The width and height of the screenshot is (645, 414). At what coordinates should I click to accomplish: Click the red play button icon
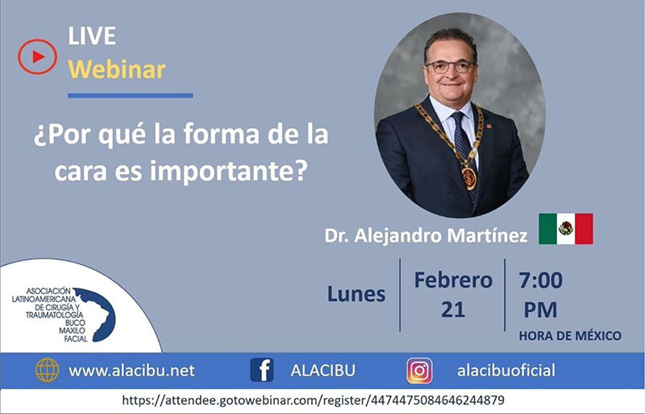37,56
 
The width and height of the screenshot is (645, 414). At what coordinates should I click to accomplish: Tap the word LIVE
92,36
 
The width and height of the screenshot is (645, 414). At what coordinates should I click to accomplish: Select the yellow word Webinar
116,69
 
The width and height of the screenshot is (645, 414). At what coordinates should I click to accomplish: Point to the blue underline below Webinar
131,95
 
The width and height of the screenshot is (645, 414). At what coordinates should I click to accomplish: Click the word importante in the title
228,171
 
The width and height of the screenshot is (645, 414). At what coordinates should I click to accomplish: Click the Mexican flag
566,229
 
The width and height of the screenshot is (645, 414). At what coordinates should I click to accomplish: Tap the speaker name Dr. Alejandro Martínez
426,235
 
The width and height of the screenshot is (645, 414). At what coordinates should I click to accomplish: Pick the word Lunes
356,294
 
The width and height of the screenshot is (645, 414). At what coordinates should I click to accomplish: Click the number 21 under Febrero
453,309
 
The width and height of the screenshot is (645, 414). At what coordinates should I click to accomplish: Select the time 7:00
540,280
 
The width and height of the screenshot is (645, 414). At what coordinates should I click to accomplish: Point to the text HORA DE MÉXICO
570,336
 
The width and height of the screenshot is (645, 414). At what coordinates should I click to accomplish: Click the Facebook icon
261,370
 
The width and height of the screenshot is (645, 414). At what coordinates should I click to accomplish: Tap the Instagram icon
419,371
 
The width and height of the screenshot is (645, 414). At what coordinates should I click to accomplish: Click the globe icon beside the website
47,370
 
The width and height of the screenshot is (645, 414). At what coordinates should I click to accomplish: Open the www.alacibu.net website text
131,371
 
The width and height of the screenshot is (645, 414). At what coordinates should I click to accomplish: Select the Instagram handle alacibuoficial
506,371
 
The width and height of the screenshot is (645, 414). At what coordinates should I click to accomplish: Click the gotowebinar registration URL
313,400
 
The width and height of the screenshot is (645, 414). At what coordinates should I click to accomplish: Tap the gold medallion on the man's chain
469,178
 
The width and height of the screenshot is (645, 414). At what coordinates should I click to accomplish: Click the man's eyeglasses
450,67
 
